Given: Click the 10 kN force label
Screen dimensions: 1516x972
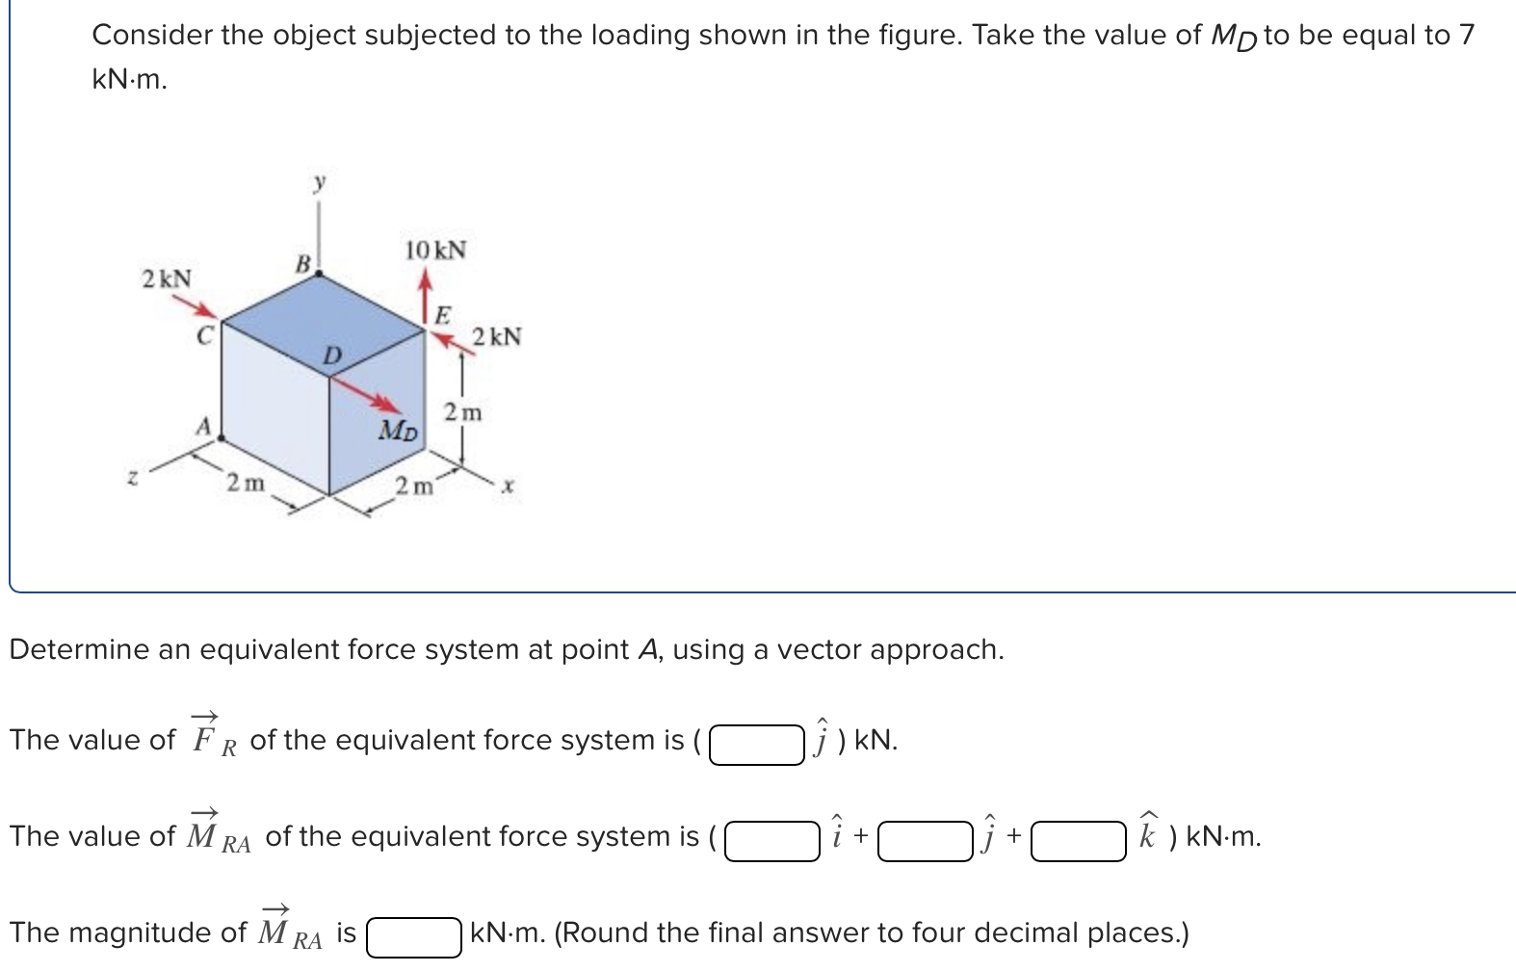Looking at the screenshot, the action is pyautogui.click(x=435, y=250).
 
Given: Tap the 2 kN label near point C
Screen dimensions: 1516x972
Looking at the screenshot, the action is pyautogui.click(x=167, y=279).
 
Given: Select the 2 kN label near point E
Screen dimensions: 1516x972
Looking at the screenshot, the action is pyautogui.click(x=497, y=337).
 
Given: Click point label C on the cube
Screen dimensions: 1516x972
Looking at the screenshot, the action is pyautogui.click(x=203, y=336).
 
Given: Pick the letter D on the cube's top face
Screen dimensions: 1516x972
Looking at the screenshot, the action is pyautogui.click(x=330, y=356).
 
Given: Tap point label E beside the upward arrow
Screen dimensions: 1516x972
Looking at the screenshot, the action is pyautogui.click(x=442, y=314).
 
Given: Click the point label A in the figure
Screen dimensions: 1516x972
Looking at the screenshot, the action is pyautogui.click(x=203, y=426).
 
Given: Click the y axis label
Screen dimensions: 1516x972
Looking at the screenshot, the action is pyautogui.click(x=319, y=180).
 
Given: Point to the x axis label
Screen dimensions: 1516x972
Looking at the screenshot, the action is pyautogui.click(x=508, y=488).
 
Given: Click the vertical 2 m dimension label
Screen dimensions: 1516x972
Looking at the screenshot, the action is pyautogui.click(x=462, y=412).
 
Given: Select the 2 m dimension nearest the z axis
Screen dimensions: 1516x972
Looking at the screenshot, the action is pyautogui.click(x=245, y=482).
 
